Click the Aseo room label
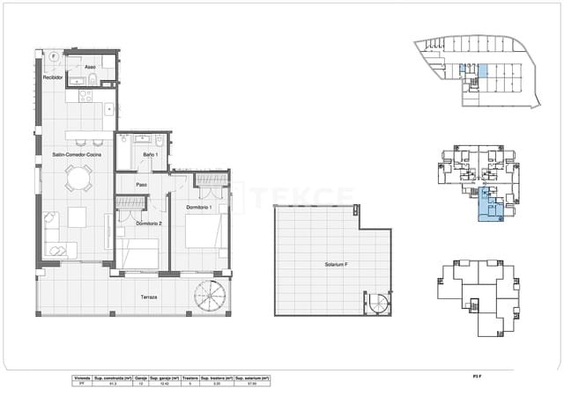click(x=91, y=67)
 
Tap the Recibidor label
click(x=54, y=78)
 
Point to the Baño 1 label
click(x=150, y=156)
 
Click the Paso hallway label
click(x=141, y=184)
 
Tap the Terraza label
click(x=149, y=297)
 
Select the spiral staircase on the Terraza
click(x=211, y=295)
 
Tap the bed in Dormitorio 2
click(x=141, y=256)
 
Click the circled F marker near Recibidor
click(x=54, y=56)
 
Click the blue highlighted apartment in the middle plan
click(x=487, y=206)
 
